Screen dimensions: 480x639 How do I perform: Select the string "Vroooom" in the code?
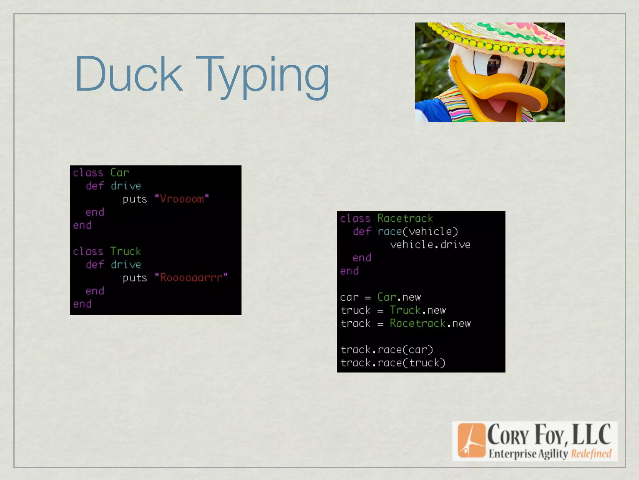click(182, 199)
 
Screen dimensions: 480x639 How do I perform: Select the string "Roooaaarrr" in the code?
click(191, 278)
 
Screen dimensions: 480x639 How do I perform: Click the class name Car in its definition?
click(119, 173)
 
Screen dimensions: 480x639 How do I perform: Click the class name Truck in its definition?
click(125, 252)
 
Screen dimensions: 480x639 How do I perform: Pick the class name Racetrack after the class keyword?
click(405, 218)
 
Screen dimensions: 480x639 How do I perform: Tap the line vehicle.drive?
click(430, 245)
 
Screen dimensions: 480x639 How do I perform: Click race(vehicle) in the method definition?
click(417, 232)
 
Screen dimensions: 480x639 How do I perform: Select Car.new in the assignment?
click(399, 297)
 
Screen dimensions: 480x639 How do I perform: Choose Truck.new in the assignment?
click(417, 310)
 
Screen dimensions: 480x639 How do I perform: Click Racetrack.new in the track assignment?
click(430, 323)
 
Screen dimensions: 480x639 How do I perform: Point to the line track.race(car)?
click(387, 350)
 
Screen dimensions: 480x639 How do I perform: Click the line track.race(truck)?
click(393, 363)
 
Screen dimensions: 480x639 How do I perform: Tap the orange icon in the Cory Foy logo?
click(471, 440)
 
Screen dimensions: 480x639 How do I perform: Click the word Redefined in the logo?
click(591, 453)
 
